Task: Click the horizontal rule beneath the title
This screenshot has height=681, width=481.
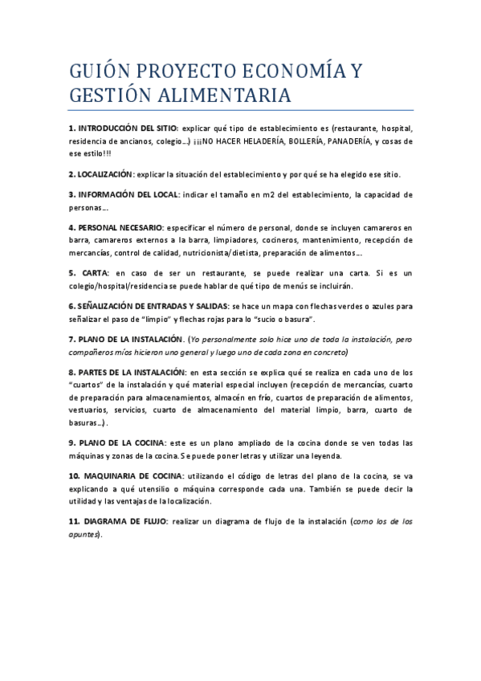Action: pos(241,109)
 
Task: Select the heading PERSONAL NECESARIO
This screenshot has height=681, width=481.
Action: pos(119,227)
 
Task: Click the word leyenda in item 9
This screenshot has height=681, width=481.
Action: pos(327,455)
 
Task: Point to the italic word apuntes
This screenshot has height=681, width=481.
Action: pos(82,534)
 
